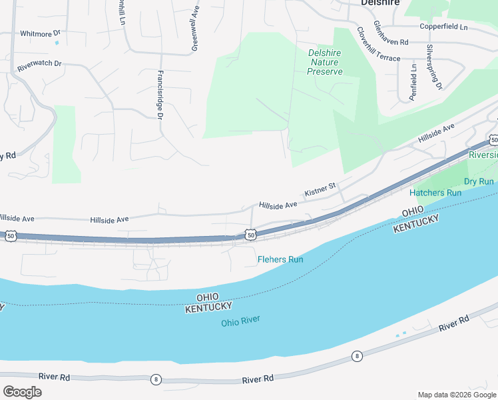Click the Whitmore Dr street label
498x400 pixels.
click(40, 33)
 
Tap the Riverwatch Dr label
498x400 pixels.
click(39, 65)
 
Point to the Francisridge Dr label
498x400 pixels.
click(160, 95)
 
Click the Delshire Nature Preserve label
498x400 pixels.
click(326, 62)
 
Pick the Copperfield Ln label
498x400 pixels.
click(444, 27)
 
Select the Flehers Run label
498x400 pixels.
click(280, 259)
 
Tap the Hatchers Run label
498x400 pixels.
click(435, 193)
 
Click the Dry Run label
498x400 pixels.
click(479, 181)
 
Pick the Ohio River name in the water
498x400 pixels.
click(240, 321)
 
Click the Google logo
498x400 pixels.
click(22, 392)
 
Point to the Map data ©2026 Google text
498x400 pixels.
click(456, 395)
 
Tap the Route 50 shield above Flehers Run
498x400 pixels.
click(250, 235)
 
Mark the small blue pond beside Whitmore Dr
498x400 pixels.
click(57, 43)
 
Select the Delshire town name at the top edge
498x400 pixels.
click(380, 3)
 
